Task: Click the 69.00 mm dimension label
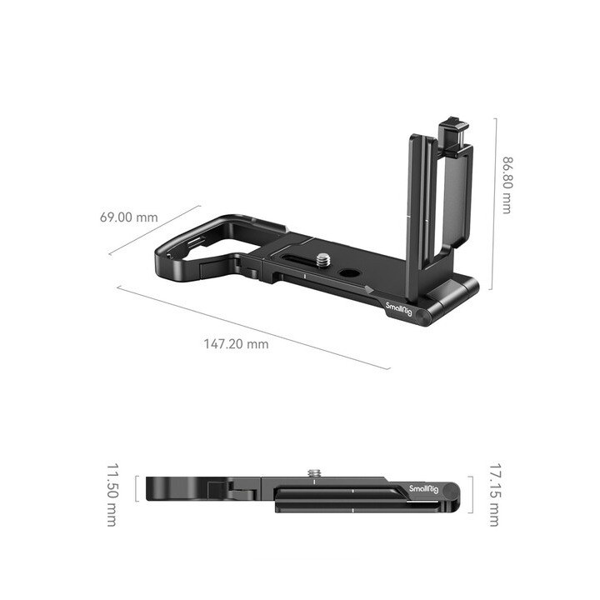128,217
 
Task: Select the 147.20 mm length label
237,343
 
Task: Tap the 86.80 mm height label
505,184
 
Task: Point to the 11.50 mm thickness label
110,495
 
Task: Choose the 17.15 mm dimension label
493,495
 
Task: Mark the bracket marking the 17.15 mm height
472,495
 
